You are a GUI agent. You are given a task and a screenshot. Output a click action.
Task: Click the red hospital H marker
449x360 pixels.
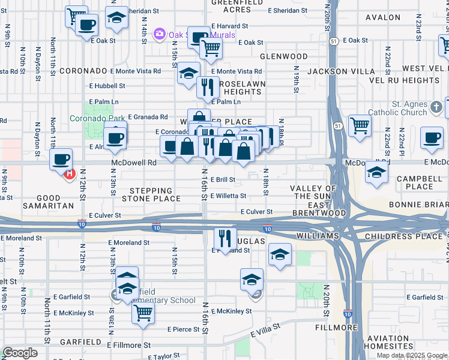click(x=68, y=174)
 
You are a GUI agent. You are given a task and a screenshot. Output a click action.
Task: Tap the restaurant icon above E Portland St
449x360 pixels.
click(x=225, y=237)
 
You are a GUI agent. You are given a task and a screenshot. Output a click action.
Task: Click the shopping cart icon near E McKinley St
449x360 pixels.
click(x=143, y=312)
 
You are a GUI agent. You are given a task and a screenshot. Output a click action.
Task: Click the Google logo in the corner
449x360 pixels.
click(x=20, y=353)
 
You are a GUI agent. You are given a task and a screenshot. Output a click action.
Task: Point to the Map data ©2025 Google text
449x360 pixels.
click(x=411, y=355)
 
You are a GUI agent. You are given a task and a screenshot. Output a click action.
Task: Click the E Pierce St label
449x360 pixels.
click(x=183, y=329)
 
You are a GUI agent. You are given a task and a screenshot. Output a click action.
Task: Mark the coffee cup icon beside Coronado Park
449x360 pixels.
click(x=115, y=137)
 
